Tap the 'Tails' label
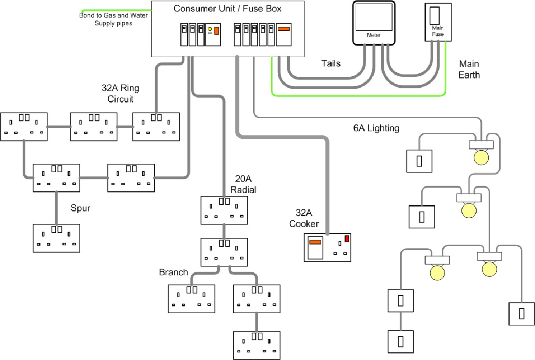coord(331,63)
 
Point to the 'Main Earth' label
coord(469,69)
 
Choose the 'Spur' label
coord(80,208)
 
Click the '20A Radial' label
coord(243,184)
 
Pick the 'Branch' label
coord(173,272)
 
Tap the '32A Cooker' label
coord(304,218)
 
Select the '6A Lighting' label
coord(376,128)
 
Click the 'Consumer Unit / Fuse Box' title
coord(227,8)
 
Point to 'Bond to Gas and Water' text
coord(113,16)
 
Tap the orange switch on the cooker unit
coord(315,242)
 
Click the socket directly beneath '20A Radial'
coord(224,209)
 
